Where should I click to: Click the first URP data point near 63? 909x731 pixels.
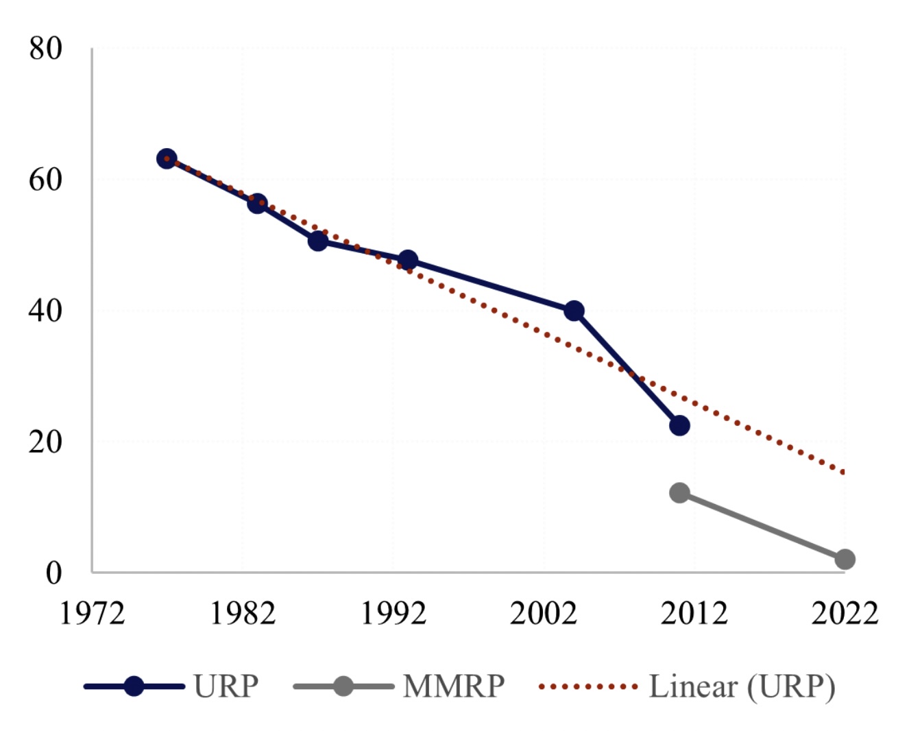[167, 159]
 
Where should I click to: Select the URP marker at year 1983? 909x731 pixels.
[257, 203]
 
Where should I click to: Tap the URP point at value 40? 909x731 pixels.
[574, 311]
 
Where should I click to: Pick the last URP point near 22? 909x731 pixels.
[679, 425]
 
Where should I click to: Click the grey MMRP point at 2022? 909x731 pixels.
[845, 560]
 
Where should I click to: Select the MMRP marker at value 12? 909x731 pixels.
[679, 492]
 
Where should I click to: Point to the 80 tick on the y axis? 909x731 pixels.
[45, 49]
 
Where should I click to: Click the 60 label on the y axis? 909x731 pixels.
[45, 180]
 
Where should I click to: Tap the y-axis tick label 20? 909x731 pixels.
[45, 442]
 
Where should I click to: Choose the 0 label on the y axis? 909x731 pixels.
[53, 573]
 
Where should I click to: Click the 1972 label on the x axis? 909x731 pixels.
[92, 613]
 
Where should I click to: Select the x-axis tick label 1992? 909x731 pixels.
[393, 613]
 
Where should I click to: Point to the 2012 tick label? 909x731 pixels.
[694, 613]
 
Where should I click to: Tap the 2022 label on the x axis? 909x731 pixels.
[845, 613]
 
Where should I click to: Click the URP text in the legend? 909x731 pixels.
[226, 686]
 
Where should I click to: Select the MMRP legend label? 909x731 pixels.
[454, 686]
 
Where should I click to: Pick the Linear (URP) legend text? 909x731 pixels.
[742, 686]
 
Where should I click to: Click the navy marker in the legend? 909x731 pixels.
[134, 686]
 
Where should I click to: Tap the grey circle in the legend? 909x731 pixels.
[343, 686]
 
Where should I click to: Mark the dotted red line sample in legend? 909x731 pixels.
[588, 686]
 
